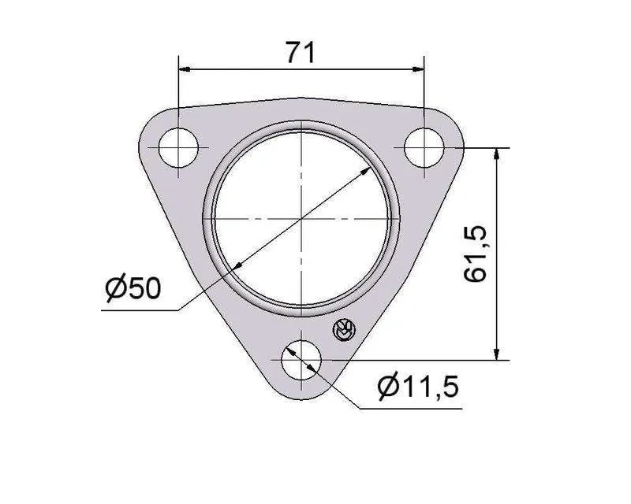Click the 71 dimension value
(301, 52)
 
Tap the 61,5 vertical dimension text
(476, 254)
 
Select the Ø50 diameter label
(133, 287)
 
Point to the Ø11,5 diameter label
(419, 387)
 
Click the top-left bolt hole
(178, 148)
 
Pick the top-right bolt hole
(424, 148)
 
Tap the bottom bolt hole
(301, 360)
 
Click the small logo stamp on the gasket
(344, 331)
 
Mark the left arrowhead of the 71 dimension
(185, 69)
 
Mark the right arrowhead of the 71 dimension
(418, 69)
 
